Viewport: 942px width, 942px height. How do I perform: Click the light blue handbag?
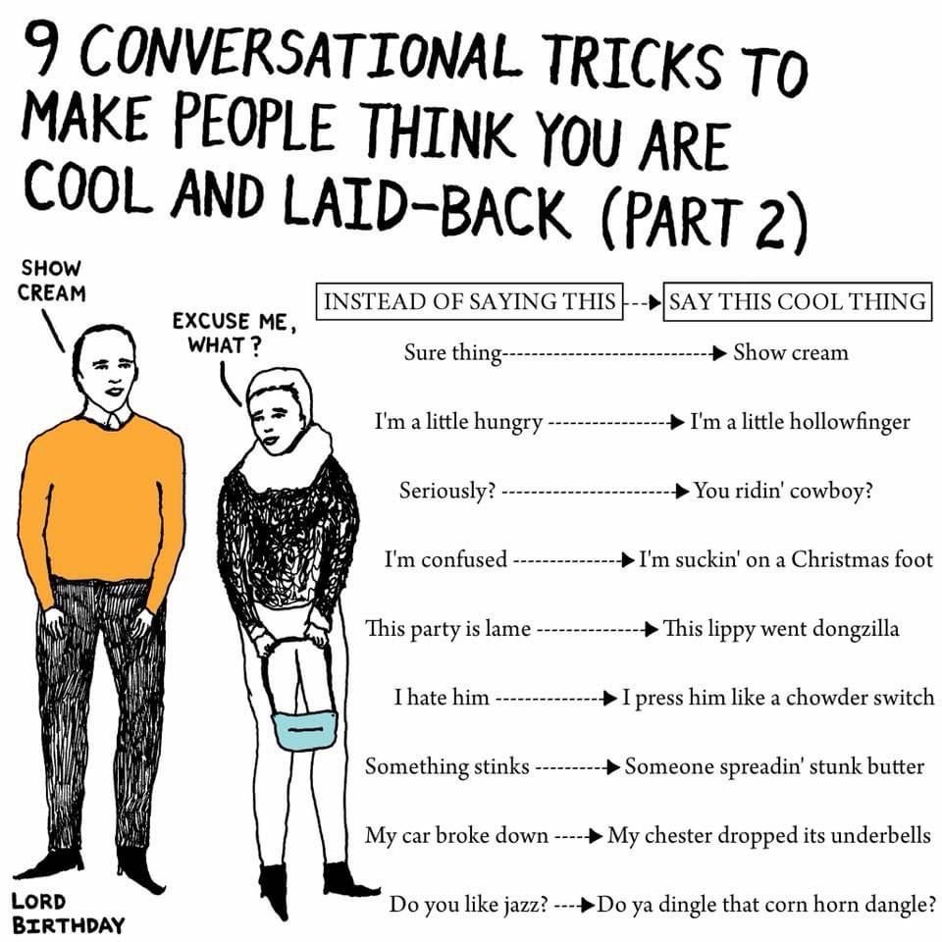click(304, 728)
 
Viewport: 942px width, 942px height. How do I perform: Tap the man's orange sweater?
click(102, 504)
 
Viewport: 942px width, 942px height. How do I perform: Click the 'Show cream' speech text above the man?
click(52, 281)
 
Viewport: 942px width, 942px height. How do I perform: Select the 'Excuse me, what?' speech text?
click(235, 333)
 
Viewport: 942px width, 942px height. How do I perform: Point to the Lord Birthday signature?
click(68, 913)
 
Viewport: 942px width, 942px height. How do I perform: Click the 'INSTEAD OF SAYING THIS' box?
click(470, 301)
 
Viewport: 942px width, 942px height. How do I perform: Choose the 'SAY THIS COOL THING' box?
click(798, 301)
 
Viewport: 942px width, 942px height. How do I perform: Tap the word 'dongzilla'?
click(856, 628)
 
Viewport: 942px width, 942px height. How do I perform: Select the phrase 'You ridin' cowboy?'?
click(783, 491)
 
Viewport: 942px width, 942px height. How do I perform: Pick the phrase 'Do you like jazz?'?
click(469, 904)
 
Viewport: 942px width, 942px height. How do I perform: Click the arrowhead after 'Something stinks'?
click(613, 767)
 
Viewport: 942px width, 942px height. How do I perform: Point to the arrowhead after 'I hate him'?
click(610, 698)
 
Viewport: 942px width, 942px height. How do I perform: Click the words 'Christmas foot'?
click(862, 559)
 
